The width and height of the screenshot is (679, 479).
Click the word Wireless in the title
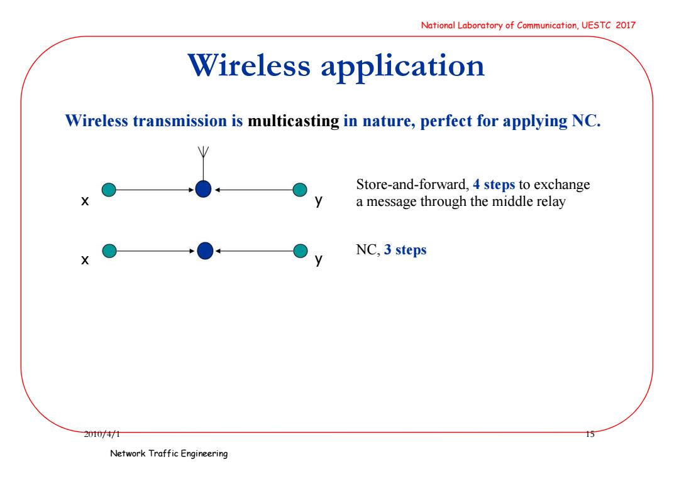[x=249, y=66]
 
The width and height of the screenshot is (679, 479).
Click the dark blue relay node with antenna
[x=203, y=190]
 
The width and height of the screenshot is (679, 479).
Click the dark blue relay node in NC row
[x=205, y=250]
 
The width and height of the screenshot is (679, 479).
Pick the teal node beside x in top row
[x=109, y=190]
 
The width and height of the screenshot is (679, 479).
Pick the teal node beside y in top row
[x=300, y=190]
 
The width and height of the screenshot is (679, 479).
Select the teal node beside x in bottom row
[x=109, y=250]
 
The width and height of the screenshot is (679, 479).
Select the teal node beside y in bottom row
[x=300, y=250]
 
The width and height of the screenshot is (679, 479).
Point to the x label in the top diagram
[x=85, y=201]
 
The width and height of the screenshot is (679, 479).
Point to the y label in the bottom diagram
[x=319, y=260]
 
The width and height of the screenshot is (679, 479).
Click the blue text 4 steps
[x=494, y=185]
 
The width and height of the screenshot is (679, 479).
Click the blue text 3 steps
[x=405, y=250]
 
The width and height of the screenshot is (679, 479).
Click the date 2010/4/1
[x=102, y=434]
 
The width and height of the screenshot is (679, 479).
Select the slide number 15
[x=590, y=434]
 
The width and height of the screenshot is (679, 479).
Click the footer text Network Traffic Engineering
[x=169, y=453]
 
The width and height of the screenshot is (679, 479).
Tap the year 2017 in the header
[x=626, y=25]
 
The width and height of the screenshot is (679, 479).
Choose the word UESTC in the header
[x=596, y=25]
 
